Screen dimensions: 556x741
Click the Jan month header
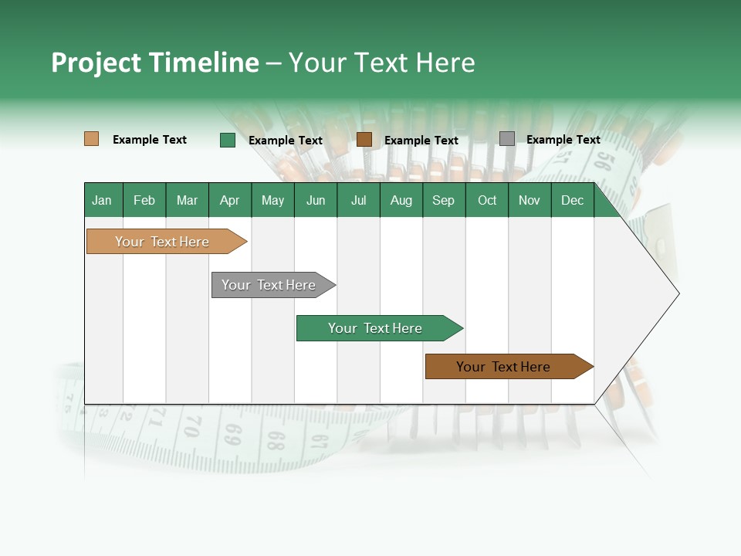click(x=103, y=200)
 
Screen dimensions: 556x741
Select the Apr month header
click(x=230, y=200)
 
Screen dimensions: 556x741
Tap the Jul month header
click(x=358, y=200)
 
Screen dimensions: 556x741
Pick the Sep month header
click(x=443, y=200)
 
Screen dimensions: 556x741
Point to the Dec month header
click(x=572, y=200)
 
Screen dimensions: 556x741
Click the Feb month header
click(x=144, y=200)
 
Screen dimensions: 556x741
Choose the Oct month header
click(x=487, y=200)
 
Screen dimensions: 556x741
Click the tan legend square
click(x=91, y=139)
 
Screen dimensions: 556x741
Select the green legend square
click(x=228, y=140)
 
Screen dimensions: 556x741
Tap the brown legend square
click(x=364, y=140)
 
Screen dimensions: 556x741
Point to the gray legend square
click(x=507, y=139)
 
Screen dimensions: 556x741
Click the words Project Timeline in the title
click(x=154, y=63)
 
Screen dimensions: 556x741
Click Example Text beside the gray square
click(x=563, y=140)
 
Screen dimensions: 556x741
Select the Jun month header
click(x=316, y=200)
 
